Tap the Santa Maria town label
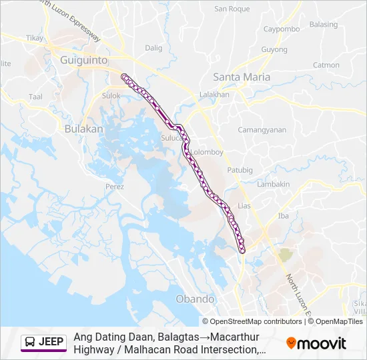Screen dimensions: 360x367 (x=241, y=77)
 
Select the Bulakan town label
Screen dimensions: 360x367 (x=84, y=129)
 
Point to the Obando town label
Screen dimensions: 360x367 (x=195, y=299)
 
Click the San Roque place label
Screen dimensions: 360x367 (x=232, y=9)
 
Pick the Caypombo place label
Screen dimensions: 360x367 (x=281, y=29)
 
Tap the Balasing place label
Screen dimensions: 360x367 (x=324, y=25)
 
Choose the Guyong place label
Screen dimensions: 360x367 (x=274, y=50)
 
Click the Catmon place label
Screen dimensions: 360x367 (x=326, y=65)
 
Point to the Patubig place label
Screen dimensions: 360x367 (x=240, y=171)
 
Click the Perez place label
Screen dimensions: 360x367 (x=115, y=187)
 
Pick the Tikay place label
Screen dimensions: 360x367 (x=35, y=38)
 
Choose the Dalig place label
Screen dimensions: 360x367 (x=154, y=48)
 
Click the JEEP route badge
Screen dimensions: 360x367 (x=43, y=343)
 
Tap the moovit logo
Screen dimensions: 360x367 (x=316, y=343)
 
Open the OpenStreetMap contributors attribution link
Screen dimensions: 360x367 (x=256, y=321)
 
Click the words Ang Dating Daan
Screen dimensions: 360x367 (x=109, y=337)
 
